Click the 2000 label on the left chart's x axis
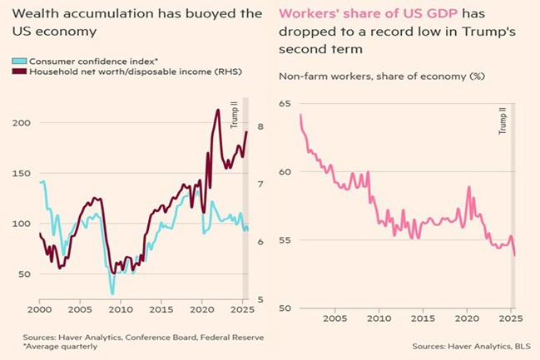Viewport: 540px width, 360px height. (x=40, y=309)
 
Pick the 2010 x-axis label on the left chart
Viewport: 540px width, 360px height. (x=121, y=309)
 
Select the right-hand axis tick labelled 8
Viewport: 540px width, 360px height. (x=260, y=127)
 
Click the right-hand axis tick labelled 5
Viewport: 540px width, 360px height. (x=260, y=299)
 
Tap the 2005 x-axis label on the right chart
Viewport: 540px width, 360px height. (x=335, y=318)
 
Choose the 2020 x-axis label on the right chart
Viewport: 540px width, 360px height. (x=469, y=318)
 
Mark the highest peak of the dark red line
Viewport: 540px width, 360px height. (x=217, y=110)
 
